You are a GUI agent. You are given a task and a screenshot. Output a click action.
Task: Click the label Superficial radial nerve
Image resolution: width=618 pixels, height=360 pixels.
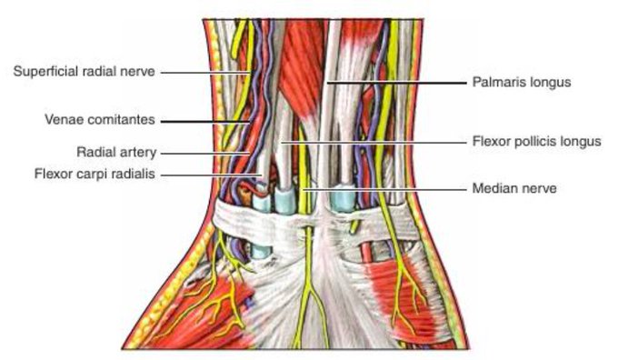[84, 72]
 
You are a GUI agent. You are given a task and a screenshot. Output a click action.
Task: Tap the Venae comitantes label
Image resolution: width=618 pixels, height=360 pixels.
[100, 119]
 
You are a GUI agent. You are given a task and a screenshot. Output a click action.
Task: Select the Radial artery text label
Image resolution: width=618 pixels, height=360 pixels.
[116, 152]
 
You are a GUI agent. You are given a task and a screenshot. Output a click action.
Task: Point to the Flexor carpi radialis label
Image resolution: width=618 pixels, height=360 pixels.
[95, 174]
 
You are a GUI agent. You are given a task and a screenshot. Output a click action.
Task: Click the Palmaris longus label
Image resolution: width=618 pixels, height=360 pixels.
[522, 83]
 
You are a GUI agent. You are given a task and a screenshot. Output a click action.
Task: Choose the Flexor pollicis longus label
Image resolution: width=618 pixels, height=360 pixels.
[537, 141]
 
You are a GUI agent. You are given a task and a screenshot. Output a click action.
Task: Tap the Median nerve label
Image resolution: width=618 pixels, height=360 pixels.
[514, 188]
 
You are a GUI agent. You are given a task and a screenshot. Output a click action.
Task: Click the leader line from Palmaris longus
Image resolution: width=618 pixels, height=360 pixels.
[396, 83]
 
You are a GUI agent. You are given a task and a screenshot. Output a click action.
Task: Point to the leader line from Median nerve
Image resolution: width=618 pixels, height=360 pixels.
[384, 190]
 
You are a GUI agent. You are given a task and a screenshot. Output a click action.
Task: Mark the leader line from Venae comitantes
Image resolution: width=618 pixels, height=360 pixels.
[204, 122]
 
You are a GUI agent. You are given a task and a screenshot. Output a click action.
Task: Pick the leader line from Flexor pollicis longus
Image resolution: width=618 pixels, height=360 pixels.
[374, 142]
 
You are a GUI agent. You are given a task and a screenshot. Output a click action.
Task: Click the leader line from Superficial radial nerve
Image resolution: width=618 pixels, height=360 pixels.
[204, 73]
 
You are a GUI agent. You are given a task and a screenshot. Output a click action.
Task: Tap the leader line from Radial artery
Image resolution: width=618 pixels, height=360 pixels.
[204, 153]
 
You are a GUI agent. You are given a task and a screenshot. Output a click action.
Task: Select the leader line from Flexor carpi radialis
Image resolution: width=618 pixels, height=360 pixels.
[211, 175]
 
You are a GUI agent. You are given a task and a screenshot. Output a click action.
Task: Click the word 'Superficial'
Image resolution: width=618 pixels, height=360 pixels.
[45, 72]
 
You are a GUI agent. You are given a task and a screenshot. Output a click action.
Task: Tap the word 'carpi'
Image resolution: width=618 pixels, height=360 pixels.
[95, 175]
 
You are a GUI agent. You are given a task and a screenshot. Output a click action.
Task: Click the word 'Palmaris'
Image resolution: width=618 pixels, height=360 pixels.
[498, 82]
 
